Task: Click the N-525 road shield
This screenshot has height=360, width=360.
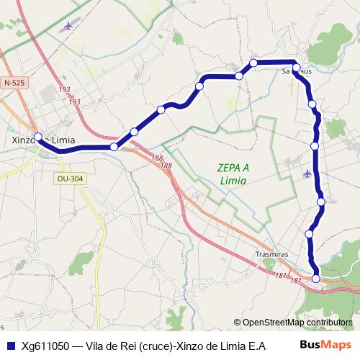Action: pyautogui.click(x=14, y=84)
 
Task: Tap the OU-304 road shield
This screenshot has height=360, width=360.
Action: pyautogui.click(x=70, y=178)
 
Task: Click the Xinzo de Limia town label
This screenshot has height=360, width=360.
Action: pyautogui.click(x=44, y=140)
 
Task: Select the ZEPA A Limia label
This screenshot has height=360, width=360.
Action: pyautogui.click(x=233, y=174)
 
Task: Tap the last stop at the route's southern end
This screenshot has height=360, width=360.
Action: pyautogui.click(x=316, y=278)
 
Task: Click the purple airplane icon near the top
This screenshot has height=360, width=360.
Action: pyautogui.click(x=69, y=26)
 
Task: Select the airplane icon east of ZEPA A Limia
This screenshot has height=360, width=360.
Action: pyautogui.click(x=308, y=173)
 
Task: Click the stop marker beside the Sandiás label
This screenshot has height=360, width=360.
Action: pyautogui.click(x=296, y=67)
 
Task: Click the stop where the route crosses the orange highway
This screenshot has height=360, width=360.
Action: pyautogui.click(x=114, y=147)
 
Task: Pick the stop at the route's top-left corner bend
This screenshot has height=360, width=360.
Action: pyautogui.click(x=253, y=63)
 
